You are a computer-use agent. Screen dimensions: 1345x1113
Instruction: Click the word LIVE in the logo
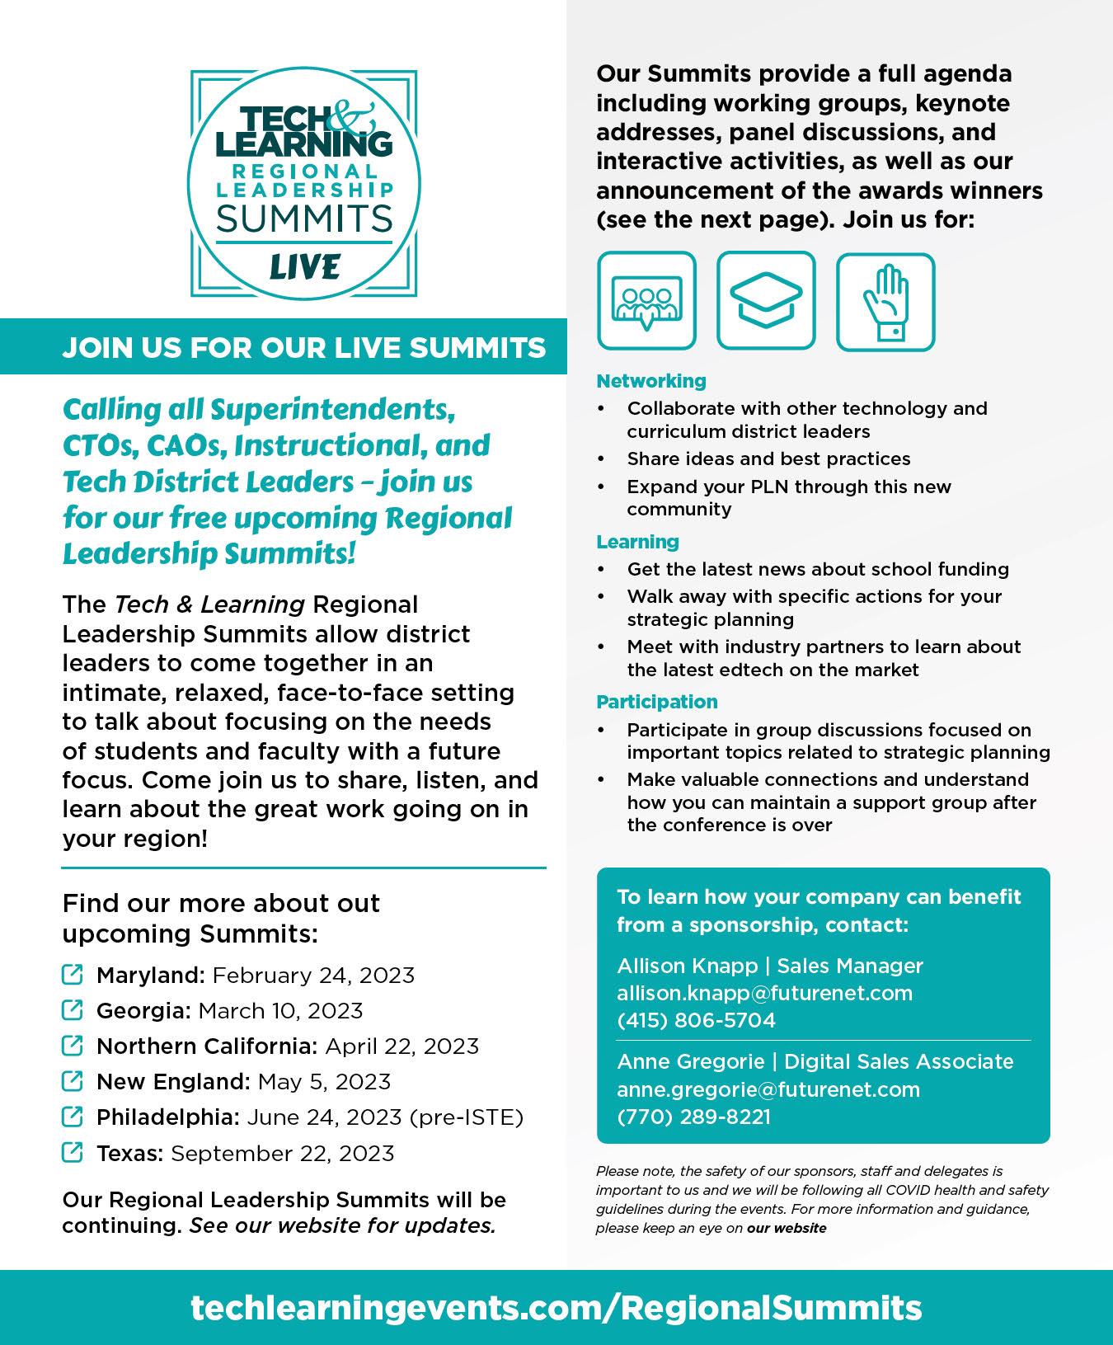(x=303, y=266)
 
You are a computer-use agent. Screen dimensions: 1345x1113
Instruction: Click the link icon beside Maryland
(x=73, y=975)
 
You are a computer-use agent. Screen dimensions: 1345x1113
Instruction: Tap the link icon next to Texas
(x=73, y=1152)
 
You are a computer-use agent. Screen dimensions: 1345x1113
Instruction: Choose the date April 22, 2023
(x=402, y=1046)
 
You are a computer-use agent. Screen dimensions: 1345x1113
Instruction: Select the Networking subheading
(x=651, y=381)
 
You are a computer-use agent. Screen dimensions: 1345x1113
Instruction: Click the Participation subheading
(x=657, y=702)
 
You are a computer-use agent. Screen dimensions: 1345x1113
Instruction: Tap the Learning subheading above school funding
(x=637, y=542)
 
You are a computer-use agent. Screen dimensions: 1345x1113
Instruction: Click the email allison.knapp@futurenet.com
(x=764, y=993)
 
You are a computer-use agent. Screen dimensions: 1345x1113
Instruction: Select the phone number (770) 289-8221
(x=693, y=1117)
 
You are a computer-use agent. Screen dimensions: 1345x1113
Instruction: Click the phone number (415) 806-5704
(x=696, y=1020)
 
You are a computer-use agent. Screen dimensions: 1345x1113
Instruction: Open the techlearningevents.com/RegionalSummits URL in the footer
(x=556, y=1308)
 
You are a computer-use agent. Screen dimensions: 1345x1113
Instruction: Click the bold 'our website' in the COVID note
(x=787, y=1228)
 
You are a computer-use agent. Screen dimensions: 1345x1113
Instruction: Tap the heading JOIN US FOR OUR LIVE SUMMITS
(x=303, y=348)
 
